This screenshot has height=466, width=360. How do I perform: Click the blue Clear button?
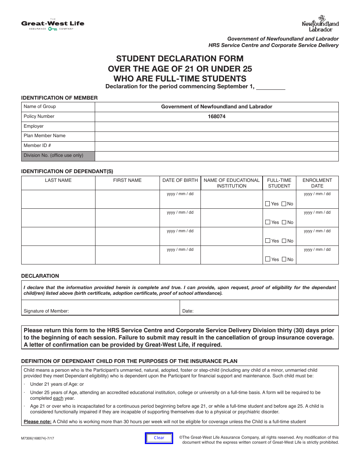[x=159, y=438]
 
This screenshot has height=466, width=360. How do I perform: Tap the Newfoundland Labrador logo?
[x=320, y=24]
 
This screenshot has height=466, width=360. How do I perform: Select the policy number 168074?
[x=216, y=117]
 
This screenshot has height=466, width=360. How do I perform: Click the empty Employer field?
[x=216, y=127]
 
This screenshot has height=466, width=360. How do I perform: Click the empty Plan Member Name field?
[x=216, y=136]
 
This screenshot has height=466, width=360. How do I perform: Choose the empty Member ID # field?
[x=216, y=146]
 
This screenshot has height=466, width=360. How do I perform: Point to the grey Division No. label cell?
[x=58, y=156]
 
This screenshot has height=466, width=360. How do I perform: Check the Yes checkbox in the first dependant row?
[x=268, y=204]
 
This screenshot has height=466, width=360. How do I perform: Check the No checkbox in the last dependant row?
[x=284, y=260]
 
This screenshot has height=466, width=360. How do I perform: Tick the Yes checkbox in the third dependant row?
[x=268, y=241]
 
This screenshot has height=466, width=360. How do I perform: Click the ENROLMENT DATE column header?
[x=317, y=183]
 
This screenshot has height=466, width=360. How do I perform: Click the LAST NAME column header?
[x=58, y=180]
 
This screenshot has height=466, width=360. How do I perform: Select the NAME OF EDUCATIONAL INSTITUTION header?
[x=232, y=183]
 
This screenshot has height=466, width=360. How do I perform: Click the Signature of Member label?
[x=46, y=311]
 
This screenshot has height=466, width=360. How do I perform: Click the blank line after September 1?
[x=271, y=87]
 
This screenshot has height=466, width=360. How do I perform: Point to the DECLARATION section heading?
[x=40, y=276]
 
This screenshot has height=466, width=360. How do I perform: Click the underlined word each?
[x=58, y=398]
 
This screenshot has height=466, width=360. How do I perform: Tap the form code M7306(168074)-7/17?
[x=38, y=438]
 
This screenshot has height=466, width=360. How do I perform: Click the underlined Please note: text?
[x=38, y=422]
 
